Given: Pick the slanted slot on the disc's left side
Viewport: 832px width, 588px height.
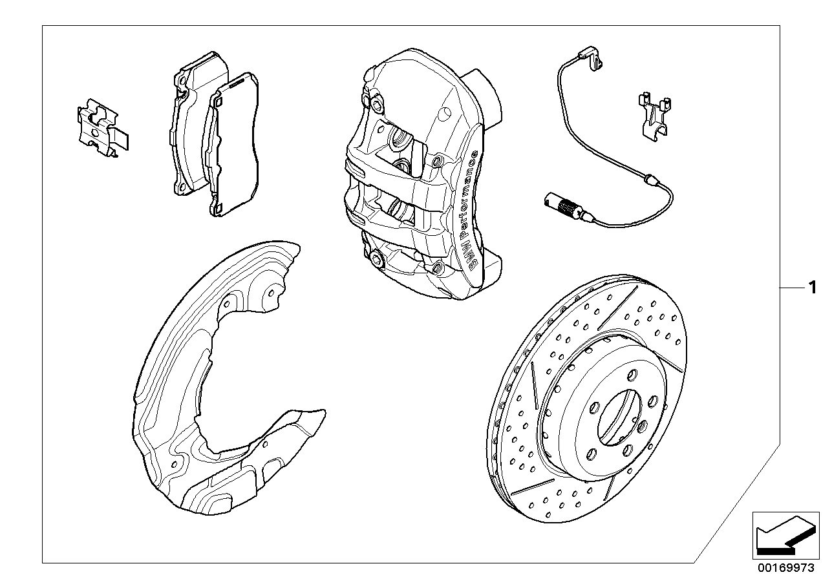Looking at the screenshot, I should click(x=535, y=384).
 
